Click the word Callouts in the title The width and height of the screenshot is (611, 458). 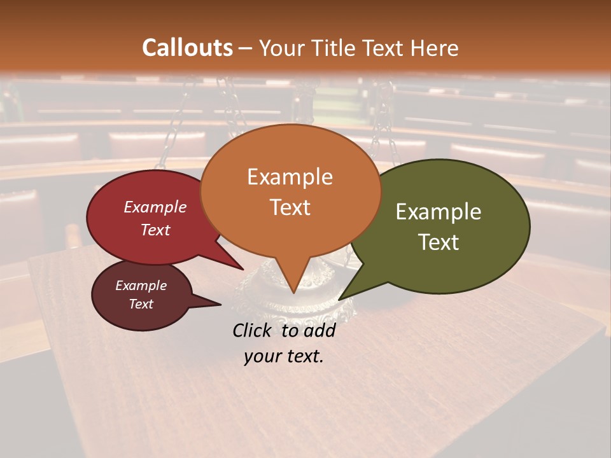click(187, 48)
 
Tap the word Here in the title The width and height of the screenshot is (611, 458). click(435, 48)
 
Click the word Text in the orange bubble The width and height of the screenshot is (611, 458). click(290, 207)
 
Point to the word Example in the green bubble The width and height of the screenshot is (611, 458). click(439, 211)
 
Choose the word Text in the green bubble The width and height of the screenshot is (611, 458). click(439, 242)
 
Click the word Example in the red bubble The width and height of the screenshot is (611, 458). click(155, 207)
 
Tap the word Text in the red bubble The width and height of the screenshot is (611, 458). click(155, 230)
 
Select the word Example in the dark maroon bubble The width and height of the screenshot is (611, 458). click(141, 286)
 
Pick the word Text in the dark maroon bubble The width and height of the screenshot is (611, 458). click(141, 304)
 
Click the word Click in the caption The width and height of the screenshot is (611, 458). click(253, 330)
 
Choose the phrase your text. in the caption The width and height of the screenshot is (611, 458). click(283, 356)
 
